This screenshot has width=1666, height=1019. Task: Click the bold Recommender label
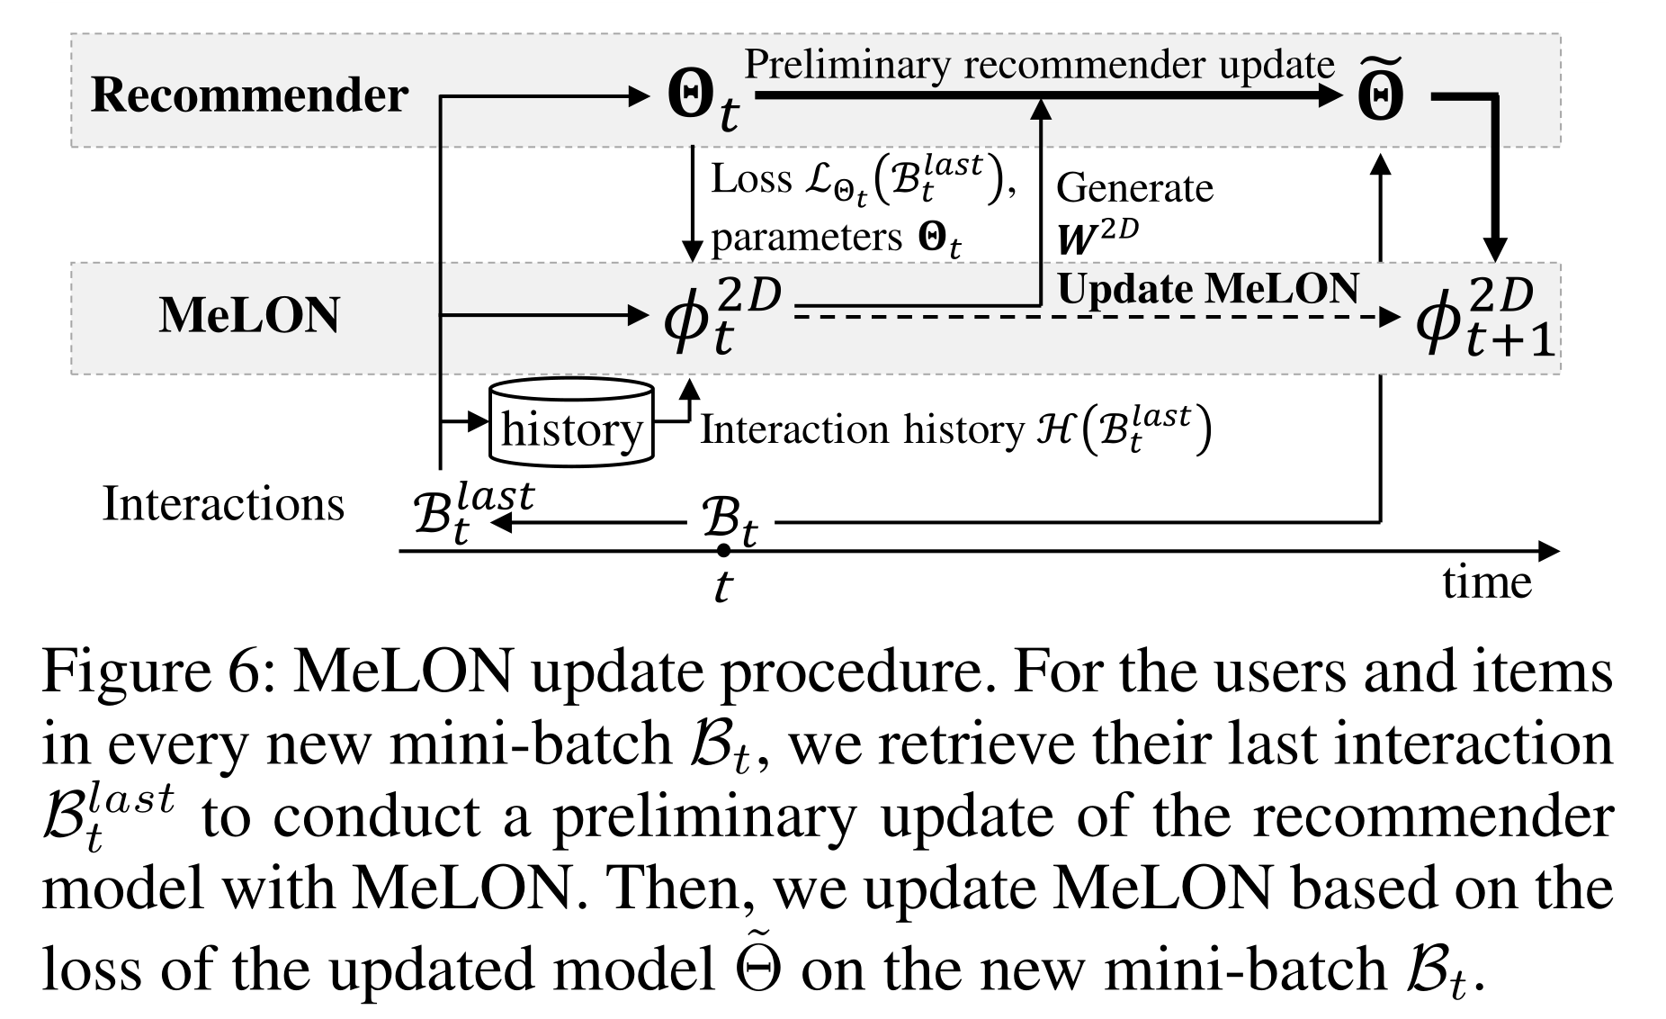(x=249, y=95)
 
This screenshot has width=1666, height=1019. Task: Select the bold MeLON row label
(x=249, y=316)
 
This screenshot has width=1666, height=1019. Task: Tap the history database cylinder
(x=571, y=423)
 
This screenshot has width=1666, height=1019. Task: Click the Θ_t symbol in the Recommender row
(x=703, y=100)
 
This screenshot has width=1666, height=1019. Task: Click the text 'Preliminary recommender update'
(x=1039, y=65)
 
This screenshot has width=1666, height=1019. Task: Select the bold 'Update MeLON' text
(x=1207, y=289)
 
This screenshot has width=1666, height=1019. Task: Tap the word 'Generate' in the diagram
(x=1134, y=188)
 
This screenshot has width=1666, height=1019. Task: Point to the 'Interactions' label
(x=223, y=503)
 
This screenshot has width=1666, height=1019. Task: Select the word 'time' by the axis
(x=1486, y=582)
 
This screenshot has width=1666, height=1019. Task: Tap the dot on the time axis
(x=723, y=549)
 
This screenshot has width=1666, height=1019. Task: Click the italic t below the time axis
(x=722, y=587)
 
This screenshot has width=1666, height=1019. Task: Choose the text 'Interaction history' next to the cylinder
(x=862, y=429)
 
